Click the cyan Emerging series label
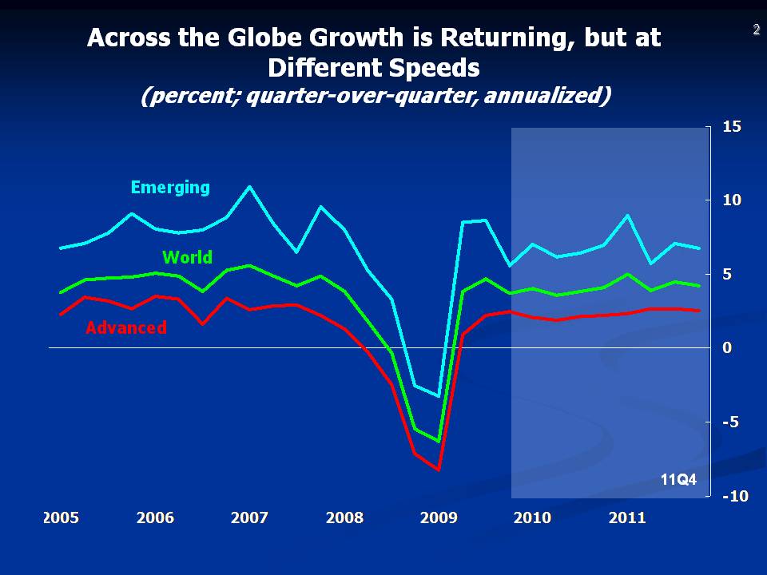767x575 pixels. (x=170, y=188)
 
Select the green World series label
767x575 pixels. (x=187, y=257)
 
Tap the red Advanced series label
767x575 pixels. (x=126, y=327)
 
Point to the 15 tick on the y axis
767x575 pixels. (x=732, y=126)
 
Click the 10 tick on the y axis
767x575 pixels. (x=732, y=200)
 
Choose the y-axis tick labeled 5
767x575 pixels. (x=728, y=274)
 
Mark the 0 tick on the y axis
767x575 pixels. (x=728, y=348)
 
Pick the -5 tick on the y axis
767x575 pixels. (x=730, y=422)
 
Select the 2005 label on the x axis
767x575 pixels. (x=61, y=517)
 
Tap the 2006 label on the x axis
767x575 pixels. (x=155, y=517)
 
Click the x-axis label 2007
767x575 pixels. (x=249, y=517)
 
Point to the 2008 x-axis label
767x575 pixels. (x=344, y=517)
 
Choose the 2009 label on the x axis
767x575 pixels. (x=439, y=517)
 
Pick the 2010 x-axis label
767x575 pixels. (x=532, y=517)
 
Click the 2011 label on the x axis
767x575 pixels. (x=627, y=517)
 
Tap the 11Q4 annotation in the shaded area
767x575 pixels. (x=678, y=480)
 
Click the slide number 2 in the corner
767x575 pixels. (x=755, y=30)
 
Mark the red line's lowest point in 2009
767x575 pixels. (x=439, y=470)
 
